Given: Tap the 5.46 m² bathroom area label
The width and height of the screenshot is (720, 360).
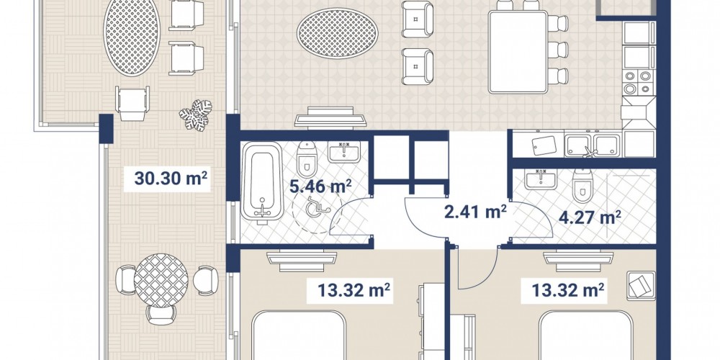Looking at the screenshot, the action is point(320,186).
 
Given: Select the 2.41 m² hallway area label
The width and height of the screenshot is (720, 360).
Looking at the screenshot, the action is point(475,212).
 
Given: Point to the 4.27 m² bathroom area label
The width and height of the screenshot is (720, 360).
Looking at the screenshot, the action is point(590,217).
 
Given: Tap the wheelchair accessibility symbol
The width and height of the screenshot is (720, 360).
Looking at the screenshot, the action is point(318,206).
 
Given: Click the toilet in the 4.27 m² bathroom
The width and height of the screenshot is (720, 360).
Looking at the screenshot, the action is point(582,185).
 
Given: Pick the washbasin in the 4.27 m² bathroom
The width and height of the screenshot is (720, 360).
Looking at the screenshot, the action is point(541,179).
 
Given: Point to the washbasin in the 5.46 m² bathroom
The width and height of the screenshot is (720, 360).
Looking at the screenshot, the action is point(344,152).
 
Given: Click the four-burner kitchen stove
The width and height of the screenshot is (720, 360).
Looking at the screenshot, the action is point(639,82).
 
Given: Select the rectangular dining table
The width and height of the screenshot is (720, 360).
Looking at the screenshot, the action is point(518,52).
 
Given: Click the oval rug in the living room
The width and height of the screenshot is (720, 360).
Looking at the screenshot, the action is point(338,33).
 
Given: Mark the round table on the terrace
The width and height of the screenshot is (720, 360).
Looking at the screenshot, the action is point(161,281).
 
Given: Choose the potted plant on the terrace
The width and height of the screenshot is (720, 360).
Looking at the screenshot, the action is point(196,114).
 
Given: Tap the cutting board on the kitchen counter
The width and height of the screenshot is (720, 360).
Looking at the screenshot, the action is point(544,145).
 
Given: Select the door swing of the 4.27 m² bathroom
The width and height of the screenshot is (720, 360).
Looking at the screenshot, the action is point(532,220).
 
